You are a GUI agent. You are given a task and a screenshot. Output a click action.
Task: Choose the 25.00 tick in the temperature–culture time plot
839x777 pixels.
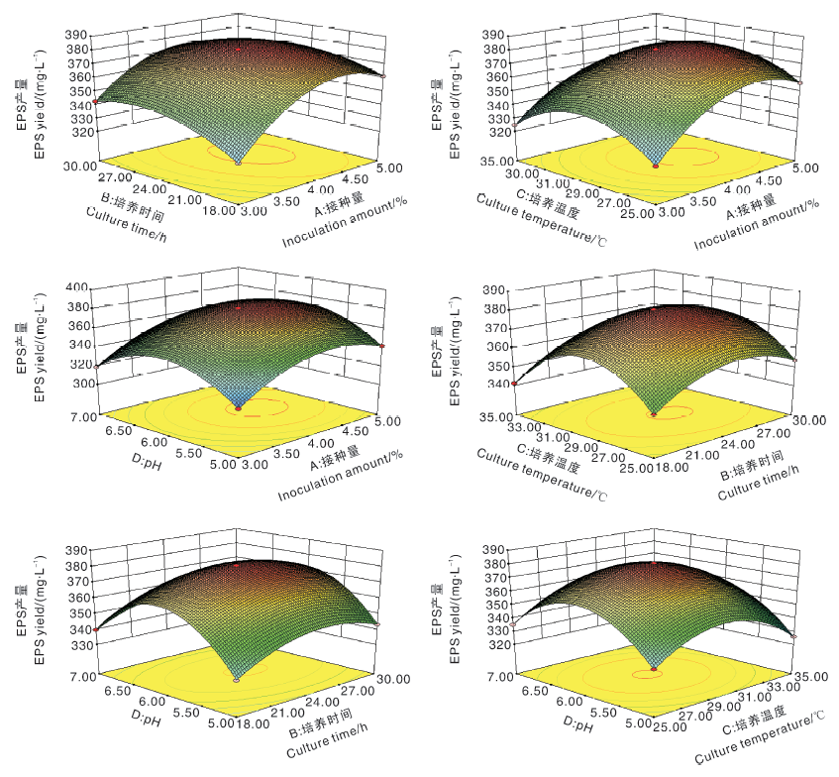(639, 467)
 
